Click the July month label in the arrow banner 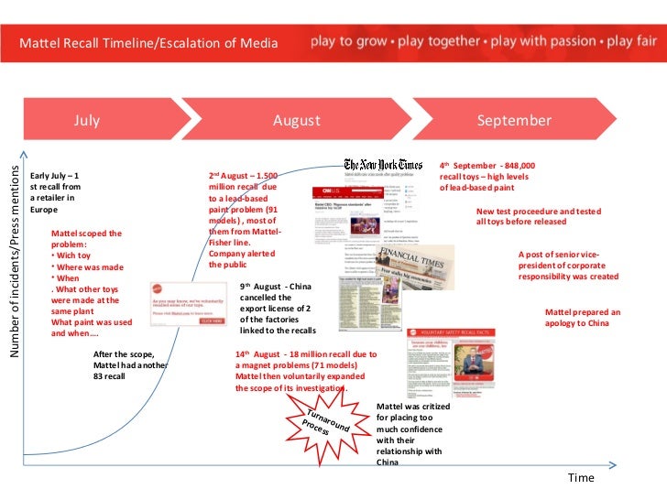pos(87,121)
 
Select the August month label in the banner pos(296,121)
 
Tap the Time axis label pos(580,477)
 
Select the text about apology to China pos(595,318)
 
